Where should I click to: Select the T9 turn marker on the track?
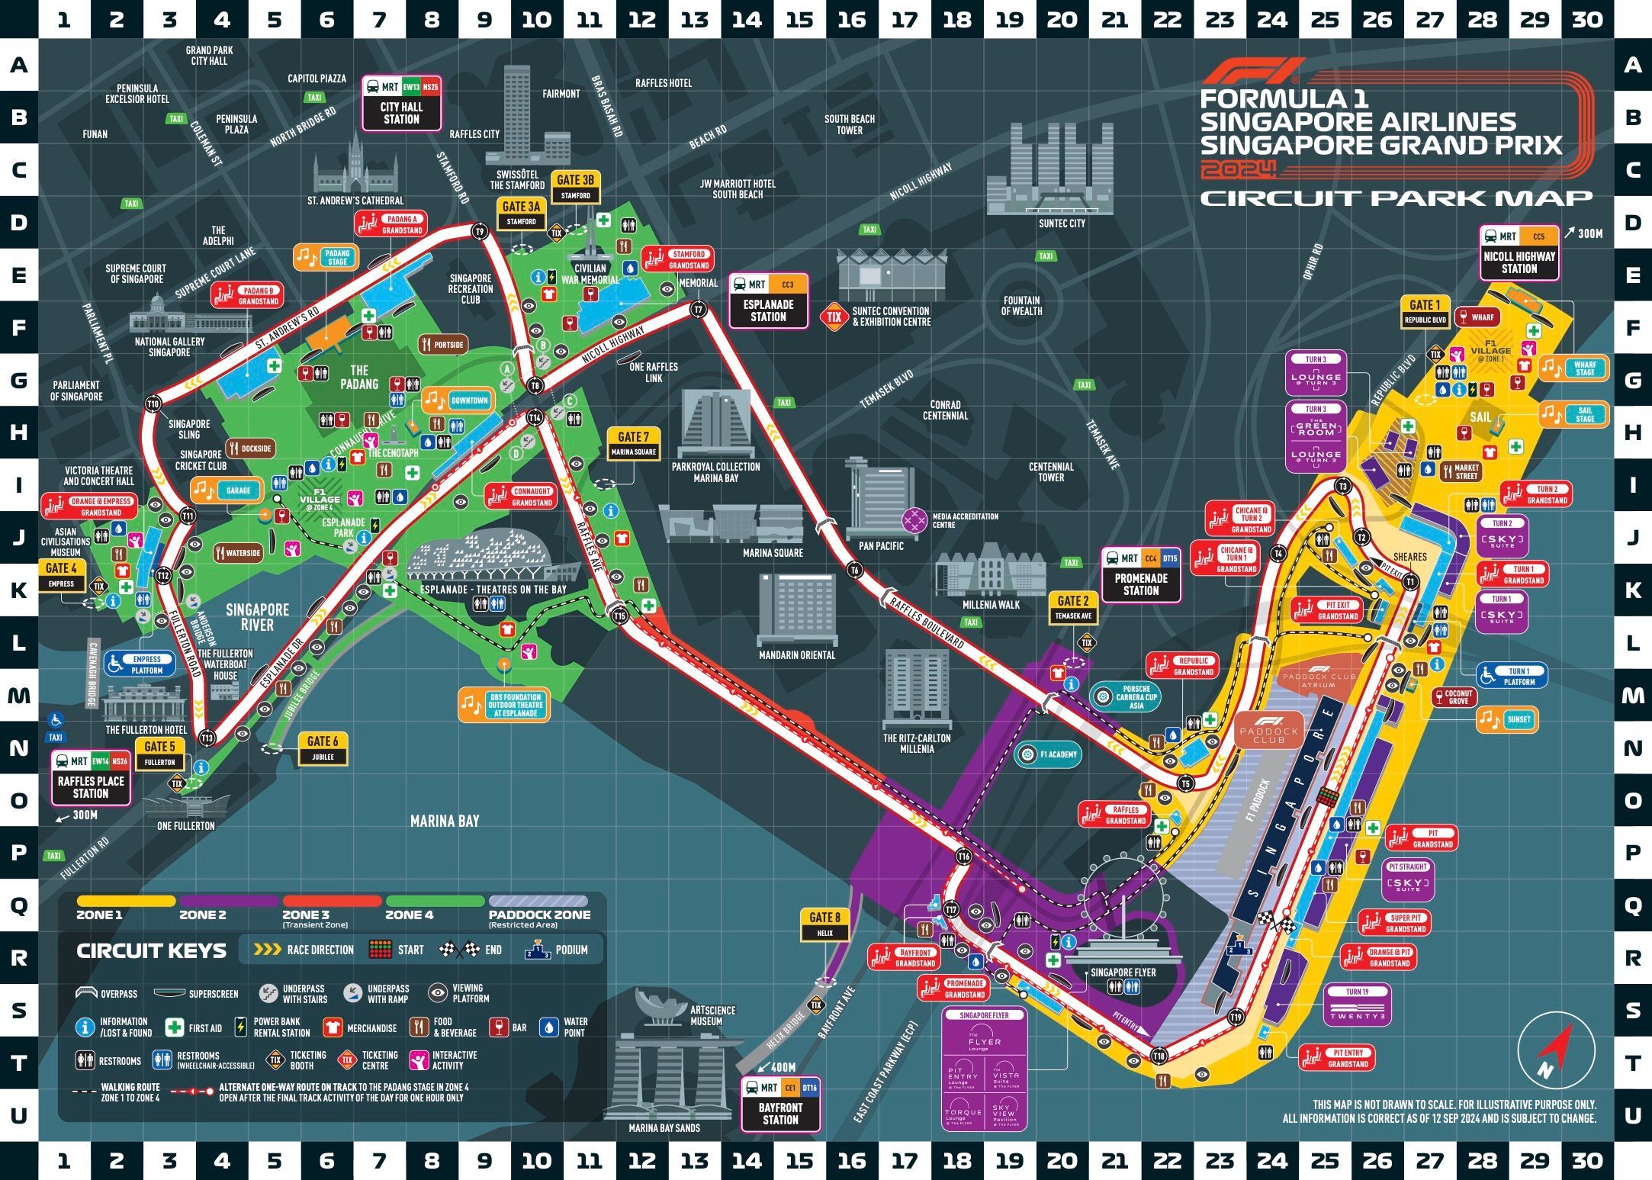coord(480,231)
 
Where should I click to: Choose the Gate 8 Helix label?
coord(824,924)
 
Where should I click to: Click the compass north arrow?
coord(1556,1048)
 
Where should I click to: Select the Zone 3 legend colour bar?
coord(331,901)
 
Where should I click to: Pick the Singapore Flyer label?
coord(1123,973)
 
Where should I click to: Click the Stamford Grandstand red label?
coord(677,259)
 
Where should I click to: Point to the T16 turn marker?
coord(964,857)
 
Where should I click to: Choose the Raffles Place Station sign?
coord(91,777)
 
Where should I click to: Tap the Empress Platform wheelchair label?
coord(139,664)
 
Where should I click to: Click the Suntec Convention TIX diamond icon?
coord(834,317)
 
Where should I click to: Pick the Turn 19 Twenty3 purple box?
coord(1357,1005)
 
